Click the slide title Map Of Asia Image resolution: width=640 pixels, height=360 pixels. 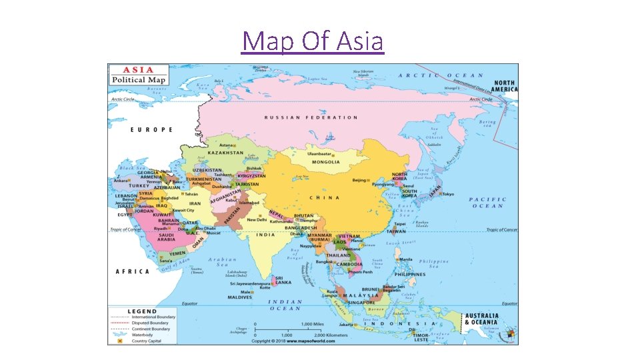pyautogui.click(x=313, y=41)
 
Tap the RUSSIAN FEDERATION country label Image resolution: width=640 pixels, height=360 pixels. pyautogui.click(x=311, y=117)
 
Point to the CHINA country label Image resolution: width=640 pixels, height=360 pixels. pyautogui.click(x=324, y=197)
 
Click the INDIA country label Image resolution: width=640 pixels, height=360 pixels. pyautogui.click(x=267, y=235)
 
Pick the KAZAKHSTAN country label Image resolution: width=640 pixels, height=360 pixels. pyautogui.click(x=225, y=153)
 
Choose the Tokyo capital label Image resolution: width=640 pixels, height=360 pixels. pyautogui.click(x=447, y=194)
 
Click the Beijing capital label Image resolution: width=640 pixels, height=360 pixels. pyautogui.click(x=359, y=180)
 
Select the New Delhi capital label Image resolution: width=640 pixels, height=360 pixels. pyautogui.click(x=257, y=219)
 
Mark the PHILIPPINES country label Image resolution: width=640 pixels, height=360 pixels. pyautogui.click(x=409, y=274)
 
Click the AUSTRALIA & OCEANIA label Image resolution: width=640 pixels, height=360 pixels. pyautogui.click(x=481, y=319)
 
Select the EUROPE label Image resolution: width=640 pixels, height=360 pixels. pyautogui.click(x=151, y=129)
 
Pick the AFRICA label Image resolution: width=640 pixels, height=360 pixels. pyautogui.click(x=132, y=271)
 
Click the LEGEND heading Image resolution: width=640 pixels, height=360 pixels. pyautogui.click(x=143, y=311)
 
